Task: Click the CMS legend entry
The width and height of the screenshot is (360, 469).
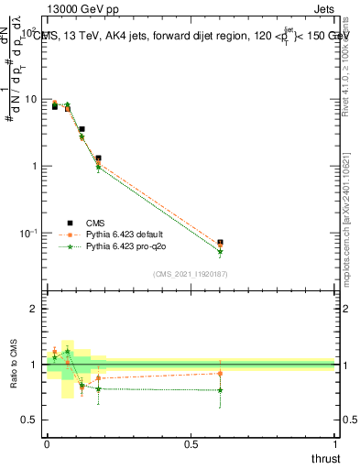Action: (x=96, y=222)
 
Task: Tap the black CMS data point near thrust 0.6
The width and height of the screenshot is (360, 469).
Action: (x=220, y=243)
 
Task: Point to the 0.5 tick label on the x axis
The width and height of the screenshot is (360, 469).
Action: (x=191, y=443)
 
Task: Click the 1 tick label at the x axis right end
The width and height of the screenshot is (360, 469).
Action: (x=335, y=443)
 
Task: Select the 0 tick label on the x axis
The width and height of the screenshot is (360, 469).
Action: (x=47, y=443)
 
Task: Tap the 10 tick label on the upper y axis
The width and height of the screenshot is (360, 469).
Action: (x=30, y=99)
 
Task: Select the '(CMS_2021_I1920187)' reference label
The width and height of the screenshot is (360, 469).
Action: (x=190, y=273)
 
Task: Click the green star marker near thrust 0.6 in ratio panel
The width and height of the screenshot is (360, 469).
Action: (x=220, y=390)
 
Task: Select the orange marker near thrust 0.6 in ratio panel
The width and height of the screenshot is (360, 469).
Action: (x=220, y=373)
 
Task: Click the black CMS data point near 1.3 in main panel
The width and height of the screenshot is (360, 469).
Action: (x=98, y=158)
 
